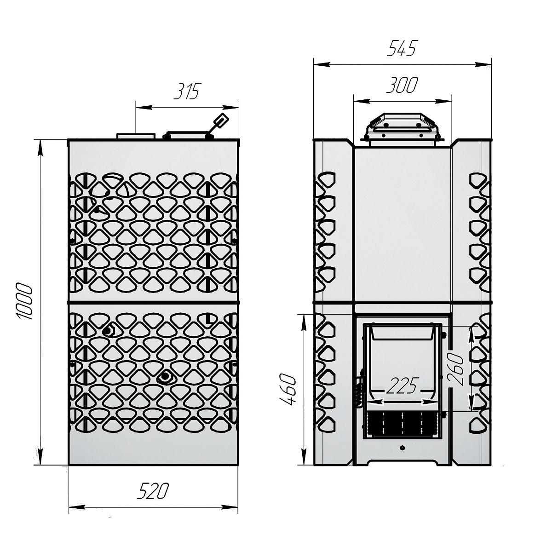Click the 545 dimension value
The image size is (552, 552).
point(401,48)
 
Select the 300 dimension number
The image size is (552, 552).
point(402,85)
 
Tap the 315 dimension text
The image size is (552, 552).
point(187,92)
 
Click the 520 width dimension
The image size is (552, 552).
point(153,492)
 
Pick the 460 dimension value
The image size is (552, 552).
point(287,389)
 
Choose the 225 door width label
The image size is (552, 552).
point(402,385)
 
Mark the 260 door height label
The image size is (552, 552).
point(455,369)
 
